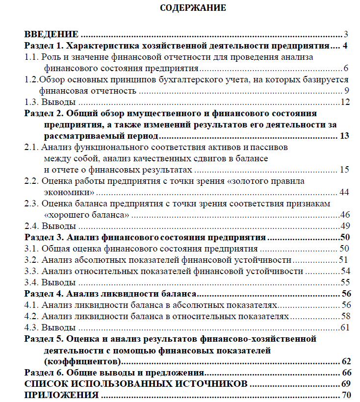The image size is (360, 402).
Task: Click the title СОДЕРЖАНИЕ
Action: click(x=193, y=8)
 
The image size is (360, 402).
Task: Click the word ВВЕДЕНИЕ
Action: click(x=51, y=34)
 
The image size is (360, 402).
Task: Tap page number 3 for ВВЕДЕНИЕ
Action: click(x=346, y=34)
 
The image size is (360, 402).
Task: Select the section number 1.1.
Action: click(x=31, y=57)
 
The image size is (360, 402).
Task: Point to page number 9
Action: click(x=346, y=91)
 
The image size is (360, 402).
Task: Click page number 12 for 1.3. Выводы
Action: click(x=344, y=102)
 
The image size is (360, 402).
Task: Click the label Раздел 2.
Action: click(x=43, y=114)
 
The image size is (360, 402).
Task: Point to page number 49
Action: click(x=344, y=226)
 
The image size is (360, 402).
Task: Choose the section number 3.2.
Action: click(x=31, y=260)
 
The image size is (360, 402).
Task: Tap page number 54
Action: click(x=344, y=271)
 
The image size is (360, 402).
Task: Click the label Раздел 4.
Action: click(x=43, y=294)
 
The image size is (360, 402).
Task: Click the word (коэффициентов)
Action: click(x=82, y=362)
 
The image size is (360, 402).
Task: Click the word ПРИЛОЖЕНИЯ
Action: click(x=61, y=395)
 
